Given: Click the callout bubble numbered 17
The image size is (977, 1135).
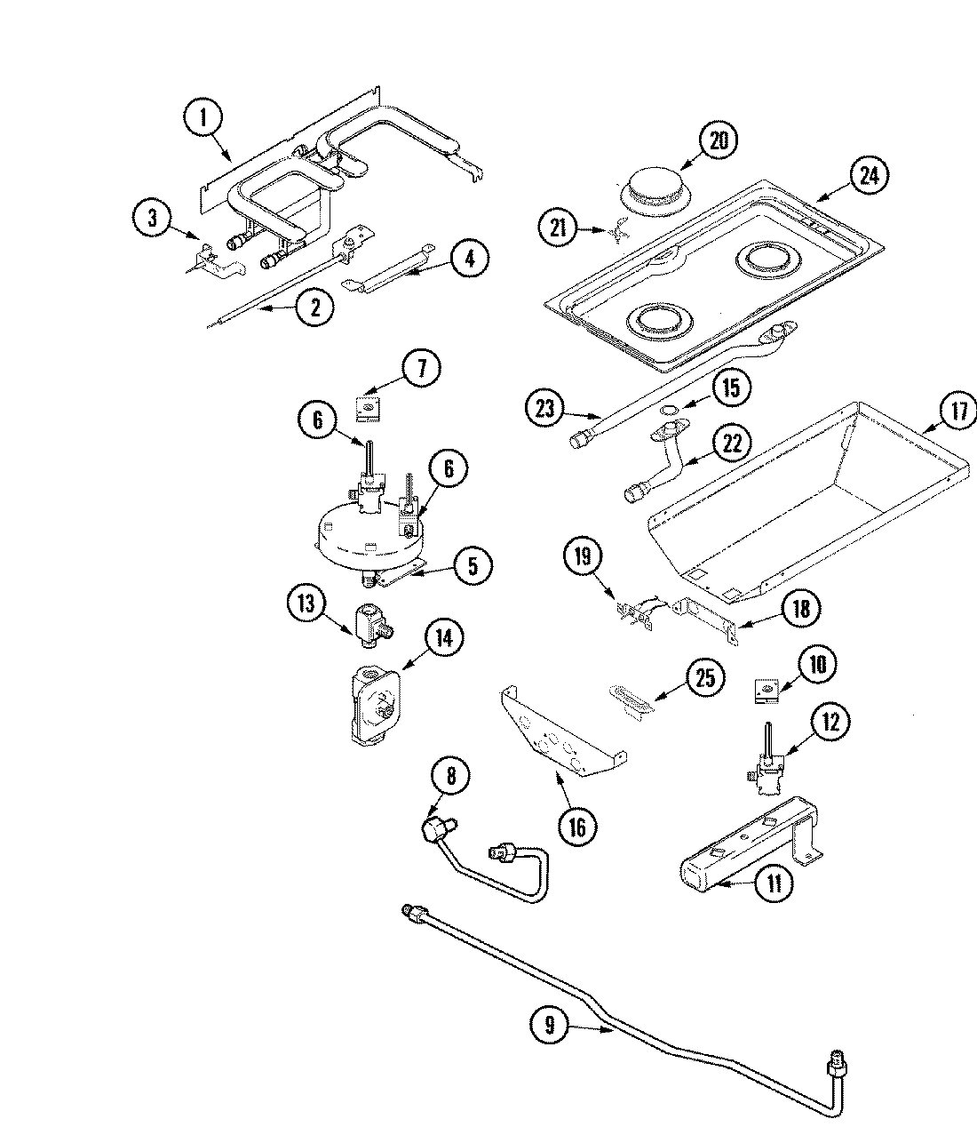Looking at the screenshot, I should point(957,412).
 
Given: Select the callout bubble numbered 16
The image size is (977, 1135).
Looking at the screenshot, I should point(576,827).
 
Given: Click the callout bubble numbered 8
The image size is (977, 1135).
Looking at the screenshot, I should point(450,776).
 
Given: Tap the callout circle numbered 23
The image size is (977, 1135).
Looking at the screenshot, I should point(545,408).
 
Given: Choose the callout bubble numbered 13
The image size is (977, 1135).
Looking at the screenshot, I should point(306,604).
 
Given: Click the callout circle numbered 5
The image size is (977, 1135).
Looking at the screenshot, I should point(472,565).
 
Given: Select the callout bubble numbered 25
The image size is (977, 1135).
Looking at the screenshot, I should point(704,679).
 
